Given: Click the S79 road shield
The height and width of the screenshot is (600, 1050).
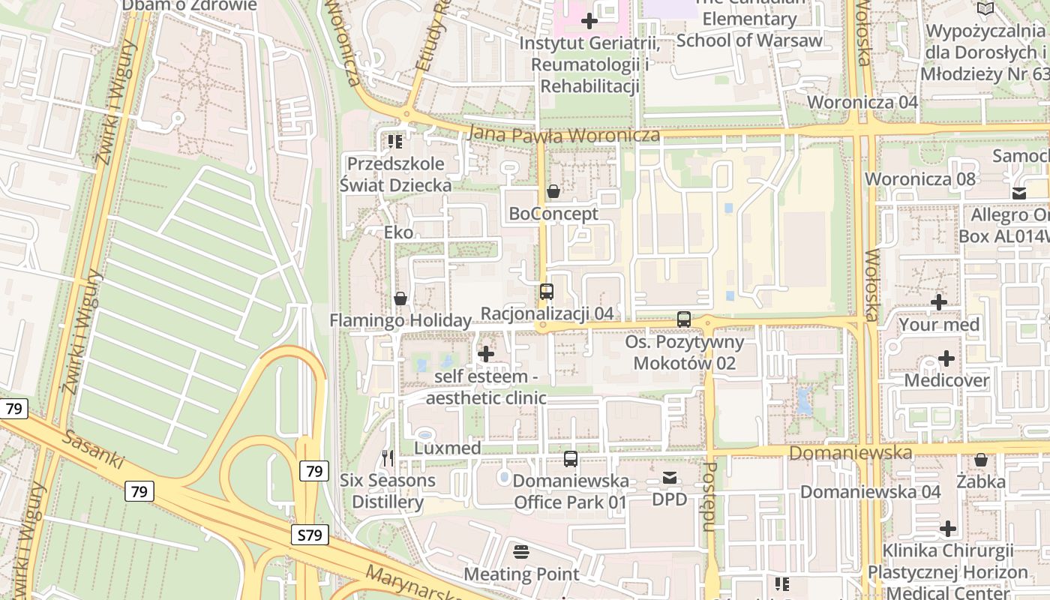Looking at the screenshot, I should click(309, 535).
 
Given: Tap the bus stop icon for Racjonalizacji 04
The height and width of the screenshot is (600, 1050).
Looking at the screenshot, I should click(547, 292).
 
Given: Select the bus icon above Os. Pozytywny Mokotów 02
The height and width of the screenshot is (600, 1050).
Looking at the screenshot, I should click(684, 319).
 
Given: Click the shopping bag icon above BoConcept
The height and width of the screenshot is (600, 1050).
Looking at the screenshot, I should click(553, 191).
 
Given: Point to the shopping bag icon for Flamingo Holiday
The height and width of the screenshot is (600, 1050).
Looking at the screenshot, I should click(400, 298).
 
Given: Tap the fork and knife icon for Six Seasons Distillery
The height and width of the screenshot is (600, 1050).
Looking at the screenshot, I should click(388, 457).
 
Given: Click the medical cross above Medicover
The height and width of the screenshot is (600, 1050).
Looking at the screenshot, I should click(946, 358).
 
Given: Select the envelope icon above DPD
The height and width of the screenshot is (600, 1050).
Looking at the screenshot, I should click(670, 478).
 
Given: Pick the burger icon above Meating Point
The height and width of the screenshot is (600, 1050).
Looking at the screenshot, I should click(521, 552).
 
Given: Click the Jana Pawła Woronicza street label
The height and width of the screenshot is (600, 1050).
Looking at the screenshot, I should click(563, 135).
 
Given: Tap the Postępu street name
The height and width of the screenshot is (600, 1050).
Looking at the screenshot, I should click(709, 496).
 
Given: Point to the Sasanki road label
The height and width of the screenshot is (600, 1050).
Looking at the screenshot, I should click(93, 450).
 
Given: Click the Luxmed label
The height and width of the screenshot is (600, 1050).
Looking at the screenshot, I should click(448, 448).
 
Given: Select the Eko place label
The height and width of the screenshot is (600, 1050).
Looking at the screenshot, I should click(398, 232).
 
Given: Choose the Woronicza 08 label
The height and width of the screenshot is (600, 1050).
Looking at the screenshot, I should click(920, 178).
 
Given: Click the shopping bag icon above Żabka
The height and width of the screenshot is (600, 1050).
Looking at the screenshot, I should click(980, 460).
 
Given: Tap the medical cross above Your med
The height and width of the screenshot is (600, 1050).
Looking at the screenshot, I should click(938, 302).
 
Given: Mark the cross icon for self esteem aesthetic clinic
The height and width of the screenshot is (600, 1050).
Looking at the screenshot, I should click(486, 353).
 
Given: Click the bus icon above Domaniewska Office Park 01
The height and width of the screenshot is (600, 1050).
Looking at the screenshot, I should click(571, 459).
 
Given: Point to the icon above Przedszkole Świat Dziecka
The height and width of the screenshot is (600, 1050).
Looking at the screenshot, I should click(395, 141).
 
